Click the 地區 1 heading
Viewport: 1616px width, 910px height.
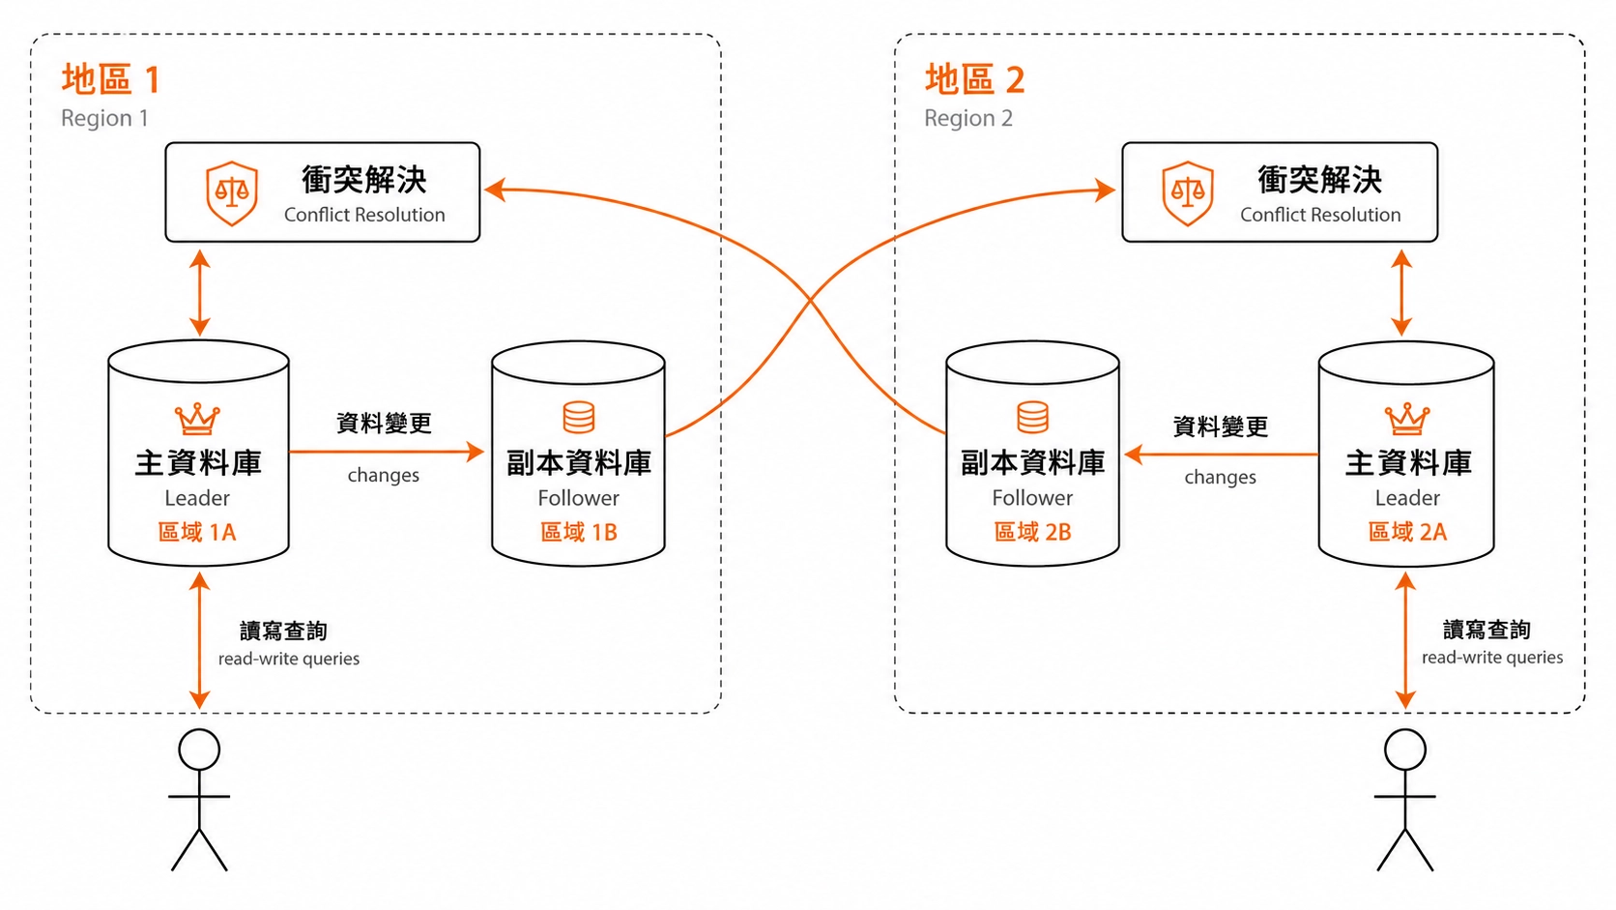pos(110,78)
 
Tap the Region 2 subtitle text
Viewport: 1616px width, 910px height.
pos(968,118)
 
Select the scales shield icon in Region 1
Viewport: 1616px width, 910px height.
pos(232,193)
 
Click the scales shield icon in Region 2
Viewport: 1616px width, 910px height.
pos(1188,193)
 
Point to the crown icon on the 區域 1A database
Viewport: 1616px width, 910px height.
pos(197,419)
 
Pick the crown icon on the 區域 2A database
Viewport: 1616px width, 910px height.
pos(1407,419)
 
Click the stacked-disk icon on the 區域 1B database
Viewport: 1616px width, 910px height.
pos(579,417)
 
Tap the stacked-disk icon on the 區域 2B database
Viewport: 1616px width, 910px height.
pos(1032,417)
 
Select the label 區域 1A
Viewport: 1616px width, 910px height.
pos(197,533)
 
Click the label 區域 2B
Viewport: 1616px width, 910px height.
pos(1032,532)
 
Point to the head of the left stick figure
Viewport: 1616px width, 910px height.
pos(199,749)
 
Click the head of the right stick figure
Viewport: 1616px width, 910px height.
pos(1405,749)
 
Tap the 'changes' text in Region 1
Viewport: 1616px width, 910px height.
pos(383,476)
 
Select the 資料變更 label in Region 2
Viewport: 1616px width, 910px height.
pos(1220,426)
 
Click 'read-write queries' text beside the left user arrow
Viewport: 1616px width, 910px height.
pos(289,659)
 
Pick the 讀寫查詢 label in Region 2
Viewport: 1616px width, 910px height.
pos(1486,630)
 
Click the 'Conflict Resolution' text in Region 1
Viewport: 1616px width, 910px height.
pos(364,215)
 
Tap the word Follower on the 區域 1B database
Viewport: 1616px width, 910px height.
pos(579,498)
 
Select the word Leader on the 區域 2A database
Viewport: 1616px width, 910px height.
pos(1407,498)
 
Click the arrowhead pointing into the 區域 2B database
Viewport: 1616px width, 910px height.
pos(1133,455)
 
